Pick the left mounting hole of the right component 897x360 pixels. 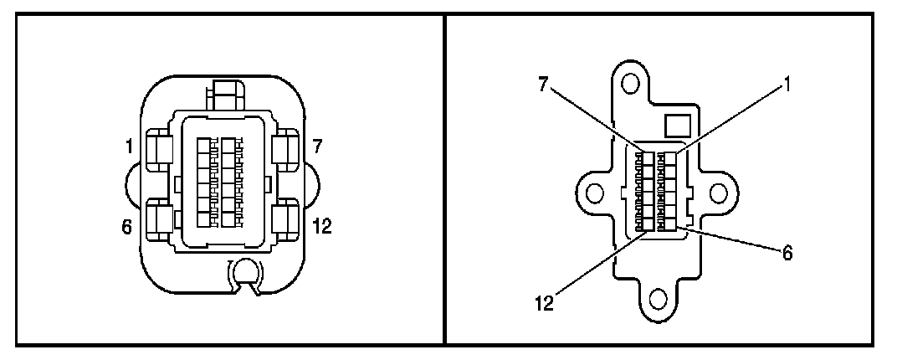click(595, 193)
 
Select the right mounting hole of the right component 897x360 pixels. click(717, 193)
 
